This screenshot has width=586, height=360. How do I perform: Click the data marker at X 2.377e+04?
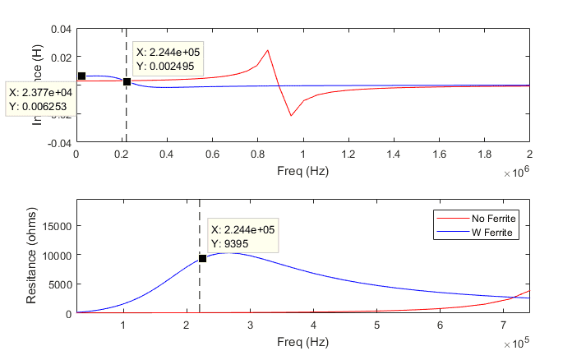click(81, 76)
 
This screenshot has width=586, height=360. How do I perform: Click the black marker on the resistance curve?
click(202, 258)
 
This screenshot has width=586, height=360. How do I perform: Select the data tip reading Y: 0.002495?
click(168, 59)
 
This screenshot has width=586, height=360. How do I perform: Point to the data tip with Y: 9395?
click(242, 237)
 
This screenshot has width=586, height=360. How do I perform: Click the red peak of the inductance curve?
click(268, 51)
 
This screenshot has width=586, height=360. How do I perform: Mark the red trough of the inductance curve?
click(291, 116)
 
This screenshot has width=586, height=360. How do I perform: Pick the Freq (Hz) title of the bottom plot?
click(302, 340)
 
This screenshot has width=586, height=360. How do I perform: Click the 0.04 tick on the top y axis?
click(60, 29)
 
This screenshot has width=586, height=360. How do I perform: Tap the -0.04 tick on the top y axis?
click(58, 143)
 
